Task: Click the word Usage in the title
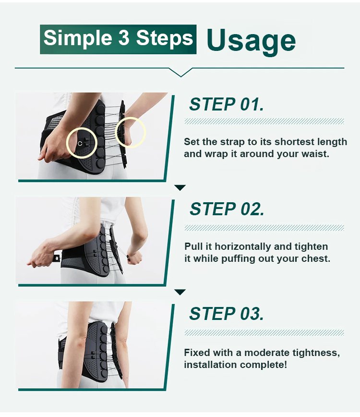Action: point(251,40)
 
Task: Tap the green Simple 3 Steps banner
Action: point(118,39)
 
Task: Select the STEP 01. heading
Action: point(227,104)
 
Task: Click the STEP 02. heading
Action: point(227,209)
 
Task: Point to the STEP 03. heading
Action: point(227,314)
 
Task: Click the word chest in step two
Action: point(316,258)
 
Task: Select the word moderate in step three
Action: point(267,353)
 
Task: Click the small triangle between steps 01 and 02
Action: point(180,187)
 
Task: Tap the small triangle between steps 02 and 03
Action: point(180,292)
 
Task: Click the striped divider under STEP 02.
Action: point(264,228)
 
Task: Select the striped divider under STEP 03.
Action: point(264,333)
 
